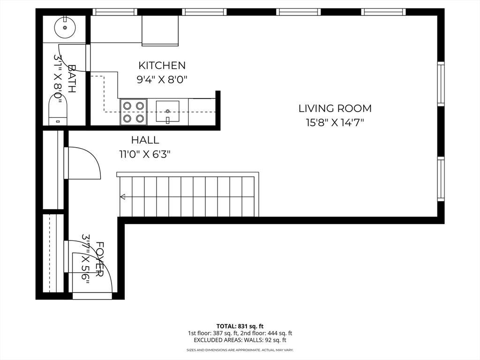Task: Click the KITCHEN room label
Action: click(x=162, y=66)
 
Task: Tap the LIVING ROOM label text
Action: click(x=335, y=108)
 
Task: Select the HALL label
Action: click(x=145, y=140)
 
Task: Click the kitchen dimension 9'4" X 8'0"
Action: click(x=162, y=80)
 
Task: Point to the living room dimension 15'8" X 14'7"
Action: click(x=335, y=123)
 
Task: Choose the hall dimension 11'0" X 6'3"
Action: click(x=145, y=154)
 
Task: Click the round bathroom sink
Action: click(x=65, y=28)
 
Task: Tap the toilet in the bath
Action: click(x=58, y=110)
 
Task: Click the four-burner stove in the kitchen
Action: click(x=134, y=112)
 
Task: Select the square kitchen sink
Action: click(x=167, y=111)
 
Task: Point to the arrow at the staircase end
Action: click(x=123, y=196)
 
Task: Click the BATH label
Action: click(x=72, y=78)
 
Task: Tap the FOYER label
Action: click(x=100, y=259)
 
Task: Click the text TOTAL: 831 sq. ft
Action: click(x=240, y=326)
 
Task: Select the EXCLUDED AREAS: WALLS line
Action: click(x=240, y=340)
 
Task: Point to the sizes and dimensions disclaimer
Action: click(x=240, y=350)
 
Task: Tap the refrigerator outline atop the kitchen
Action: click(x=160, y=30)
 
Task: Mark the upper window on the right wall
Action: click(x=441, y=83)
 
